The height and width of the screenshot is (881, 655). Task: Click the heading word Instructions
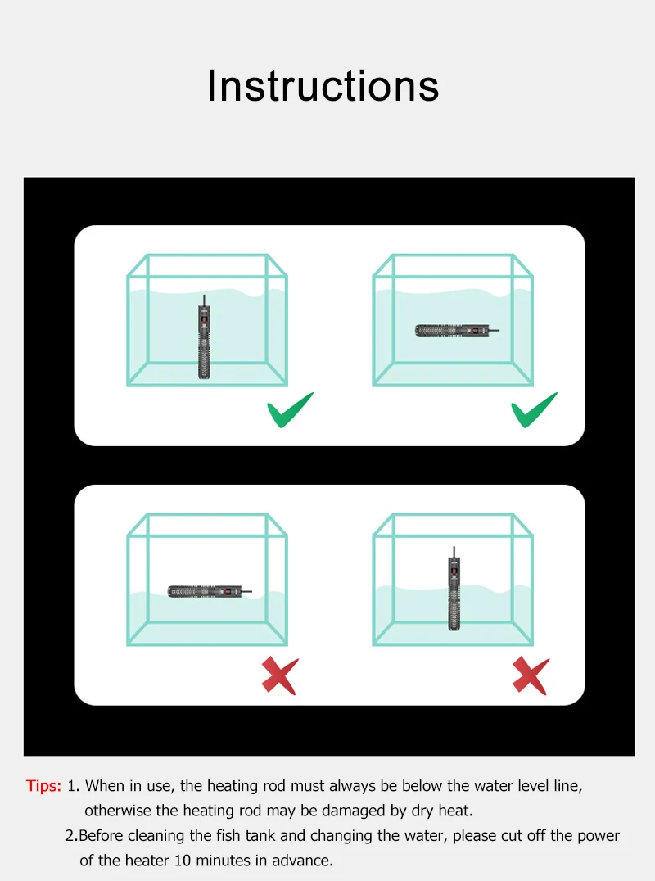coord(323,86)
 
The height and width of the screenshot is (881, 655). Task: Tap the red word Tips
coord(43,785)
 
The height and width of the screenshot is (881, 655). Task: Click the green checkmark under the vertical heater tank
coord(290,409)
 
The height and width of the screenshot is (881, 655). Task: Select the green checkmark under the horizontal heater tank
coord(534,409)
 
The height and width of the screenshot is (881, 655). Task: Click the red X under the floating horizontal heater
coord(280,675)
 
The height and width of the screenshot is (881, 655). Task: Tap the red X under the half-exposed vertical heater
coord(531,675)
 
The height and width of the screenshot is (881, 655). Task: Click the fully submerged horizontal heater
coord(457,331)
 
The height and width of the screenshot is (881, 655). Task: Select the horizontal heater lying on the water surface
coord(210,591)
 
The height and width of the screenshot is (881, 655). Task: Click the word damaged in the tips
coord(353,811)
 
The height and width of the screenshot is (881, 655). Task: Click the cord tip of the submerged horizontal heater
coord(499,331)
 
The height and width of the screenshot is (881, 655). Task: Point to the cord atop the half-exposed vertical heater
coord(454,552)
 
